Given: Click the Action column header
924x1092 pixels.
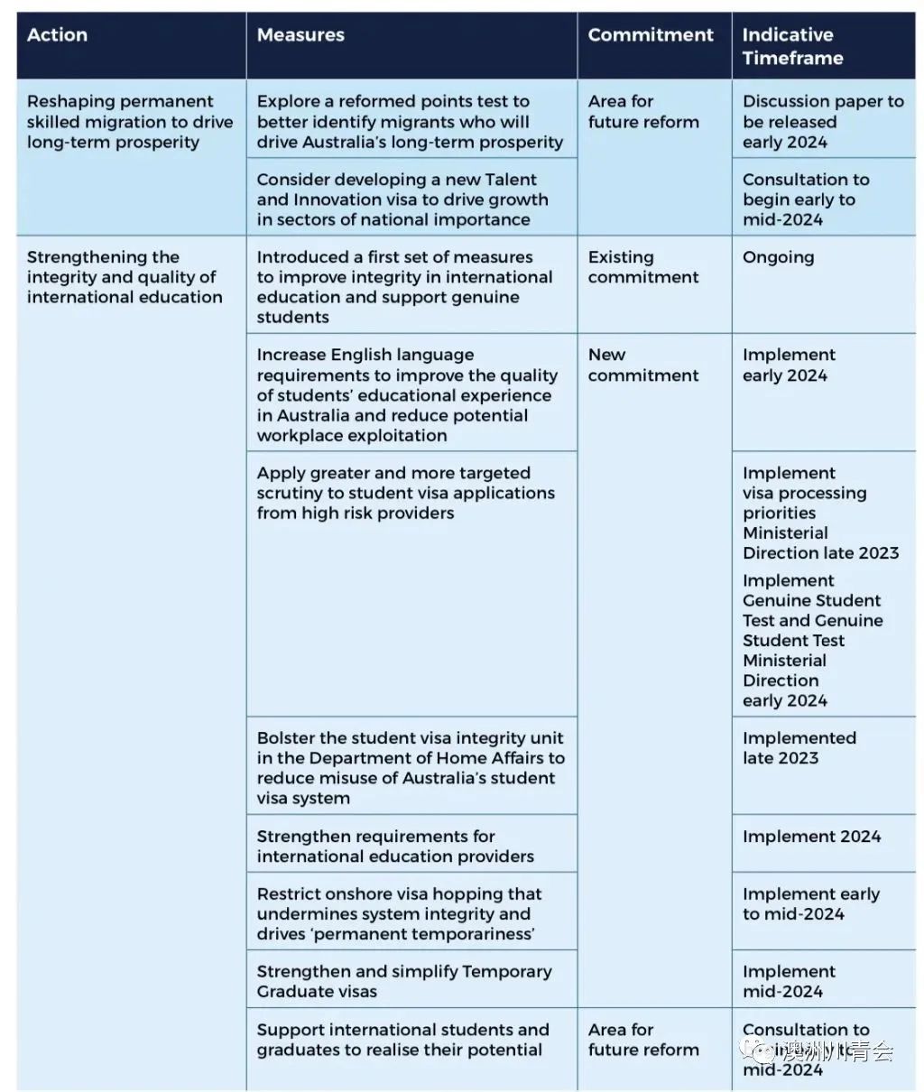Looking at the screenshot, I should tap(58, 35).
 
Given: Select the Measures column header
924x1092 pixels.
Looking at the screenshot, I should tap(300, 35).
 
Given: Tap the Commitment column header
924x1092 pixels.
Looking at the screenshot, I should tap(651, 35).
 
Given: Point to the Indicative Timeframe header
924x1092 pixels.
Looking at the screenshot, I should tap(792, 46).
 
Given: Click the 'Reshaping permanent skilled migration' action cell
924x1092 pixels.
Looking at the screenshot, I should tap(130, 122).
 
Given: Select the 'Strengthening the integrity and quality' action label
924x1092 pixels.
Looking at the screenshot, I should tap(125, 277).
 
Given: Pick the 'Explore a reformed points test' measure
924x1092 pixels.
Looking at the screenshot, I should tap(410, 122).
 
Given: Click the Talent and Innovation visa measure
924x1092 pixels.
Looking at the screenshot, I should tap(402, 199).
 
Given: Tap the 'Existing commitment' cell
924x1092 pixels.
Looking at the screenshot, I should tap(643, 267).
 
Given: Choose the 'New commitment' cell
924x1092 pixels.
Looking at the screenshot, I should tap(643, 366).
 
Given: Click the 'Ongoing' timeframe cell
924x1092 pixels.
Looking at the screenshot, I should tap(778, 257).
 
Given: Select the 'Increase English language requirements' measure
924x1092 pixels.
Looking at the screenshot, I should tap(407, 395).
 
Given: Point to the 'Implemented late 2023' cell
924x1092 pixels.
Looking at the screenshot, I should tap(799, 748).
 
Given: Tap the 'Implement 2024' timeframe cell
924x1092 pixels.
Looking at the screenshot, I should tap(811, 837).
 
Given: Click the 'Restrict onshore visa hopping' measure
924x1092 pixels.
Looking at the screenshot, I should tap(400, 913).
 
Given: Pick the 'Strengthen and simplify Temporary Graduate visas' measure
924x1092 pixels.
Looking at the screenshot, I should tap(404, 981).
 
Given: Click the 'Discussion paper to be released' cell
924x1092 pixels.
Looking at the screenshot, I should tap(823, 122).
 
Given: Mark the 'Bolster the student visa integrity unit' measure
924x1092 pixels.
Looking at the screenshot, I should tap(411, 767).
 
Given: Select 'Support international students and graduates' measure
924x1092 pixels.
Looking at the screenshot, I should tap(402, 1040).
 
